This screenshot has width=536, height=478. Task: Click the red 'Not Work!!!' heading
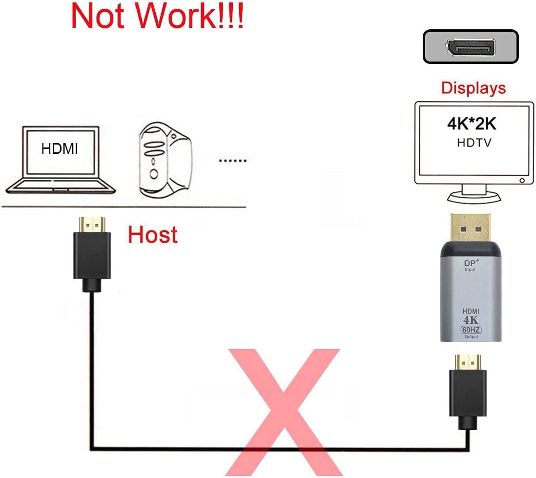click(x=157, y=17)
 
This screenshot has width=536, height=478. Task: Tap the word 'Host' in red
click(x=152, y=235)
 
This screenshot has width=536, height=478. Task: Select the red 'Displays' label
click(x=473, y=88)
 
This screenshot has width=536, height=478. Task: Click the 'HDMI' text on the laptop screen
click(x=60, y=149)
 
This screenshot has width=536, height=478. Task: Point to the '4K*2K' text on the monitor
click(x=472, y=124)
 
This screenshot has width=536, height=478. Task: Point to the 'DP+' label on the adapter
click(x=470, y=263)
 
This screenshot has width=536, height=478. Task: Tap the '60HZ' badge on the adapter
click(x=470, y=330)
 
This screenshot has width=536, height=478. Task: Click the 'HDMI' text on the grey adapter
click(x=470, y=312)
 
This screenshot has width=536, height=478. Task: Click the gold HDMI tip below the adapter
click(x=468, y=362)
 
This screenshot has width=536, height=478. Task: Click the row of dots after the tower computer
click(x=232, y=160)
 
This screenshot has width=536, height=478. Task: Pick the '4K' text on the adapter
click(x=470, y=320)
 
